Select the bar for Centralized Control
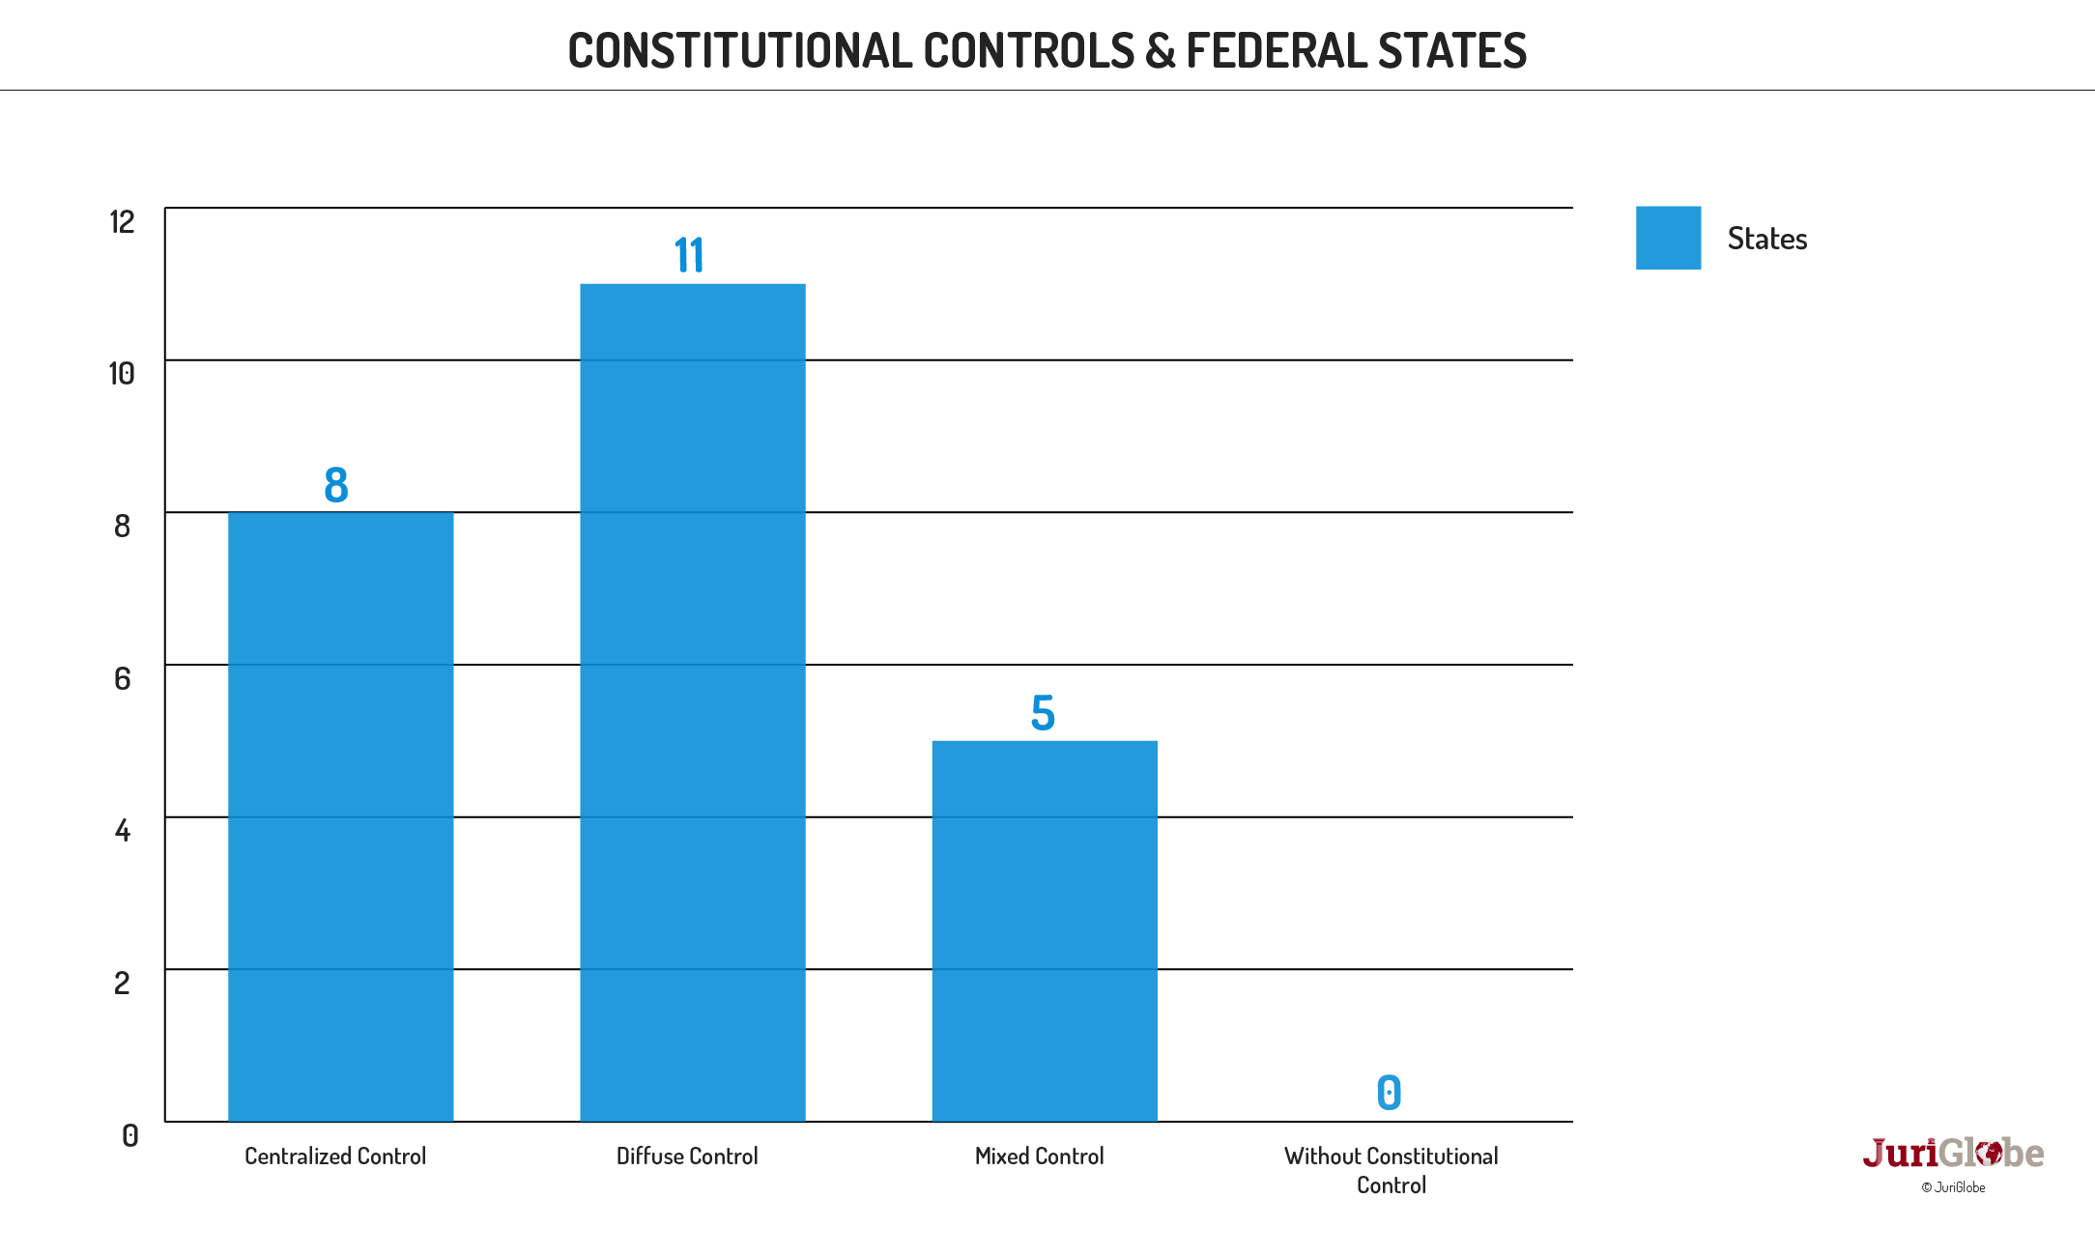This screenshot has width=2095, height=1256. coord(340,816)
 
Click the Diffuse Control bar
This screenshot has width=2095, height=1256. coord(692,702)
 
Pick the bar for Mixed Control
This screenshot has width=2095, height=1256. coord(1044,930)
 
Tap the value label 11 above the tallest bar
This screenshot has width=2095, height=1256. coord(689,256)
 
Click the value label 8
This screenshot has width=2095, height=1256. coord(335,485)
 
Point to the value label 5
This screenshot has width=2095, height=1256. coord(1043,714)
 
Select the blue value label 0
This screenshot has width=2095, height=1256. coord(1389,1093)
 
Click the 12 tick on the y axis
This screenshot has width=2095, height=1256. coord(122,222)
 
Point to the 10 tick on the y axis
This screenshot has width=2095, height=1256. coord(122,374)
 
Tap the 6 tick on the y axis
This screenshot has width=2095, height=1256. coord(122,678)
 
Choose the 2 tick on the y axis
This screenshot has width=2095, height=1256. coord(122,983)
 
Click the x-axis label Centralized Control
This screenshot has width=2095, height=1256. coord(335,1156)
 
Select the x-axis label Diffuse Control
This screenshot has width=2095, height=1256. coord(687,1156)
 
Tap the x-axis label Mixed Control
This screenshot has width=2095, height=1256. coord(1039,1156)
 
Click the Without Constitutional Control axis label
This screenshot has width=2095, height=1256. coord(1391,1170)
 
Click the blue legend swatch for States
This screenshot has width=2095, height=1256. coord(1668,238)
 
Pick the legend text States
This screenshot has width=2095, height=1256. coord(1766,239)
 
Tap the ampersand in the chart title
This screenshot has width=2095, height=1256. coord(1160,51)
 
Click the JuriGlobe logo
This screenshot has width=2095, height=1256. coord(1953,1154)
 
